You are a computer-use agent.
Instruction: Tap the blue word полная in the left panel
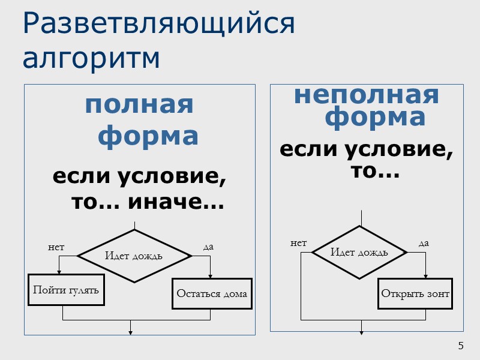tap(139, 105)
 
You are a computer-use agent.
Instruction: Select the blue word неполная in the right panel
tap(366, 95)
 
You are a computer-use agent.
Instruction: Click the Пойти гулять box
tap(66, 290)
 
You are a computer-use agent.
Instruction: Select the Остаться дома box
tap(211, 293)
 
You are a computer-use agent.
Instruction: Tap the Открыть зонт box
tap(415, 293)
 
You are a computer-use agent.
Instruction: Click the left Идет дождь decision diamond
tap(134, 256)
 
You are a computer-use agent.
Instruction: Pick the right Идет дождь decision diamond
tap(359, 252)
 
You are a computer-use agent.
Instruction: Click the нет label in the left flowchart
tap(56, 247)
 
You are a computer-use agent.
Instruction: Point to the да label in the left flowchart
tap(208, 247)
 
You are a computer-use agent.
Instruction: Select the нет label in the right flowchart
tap(298, 243)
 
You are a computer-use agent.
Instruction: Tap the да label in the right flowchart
tap(424, 243)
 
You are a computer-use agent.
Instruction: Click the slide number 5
tap(461, 346)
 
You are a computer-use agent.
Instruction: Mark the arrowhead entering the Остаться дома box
tap(210, 276)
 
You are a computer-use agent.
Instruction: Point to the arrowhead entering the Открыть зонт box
tap(426, 276)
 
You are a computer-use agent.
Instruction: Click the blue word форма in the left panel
tap(148, 136)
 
